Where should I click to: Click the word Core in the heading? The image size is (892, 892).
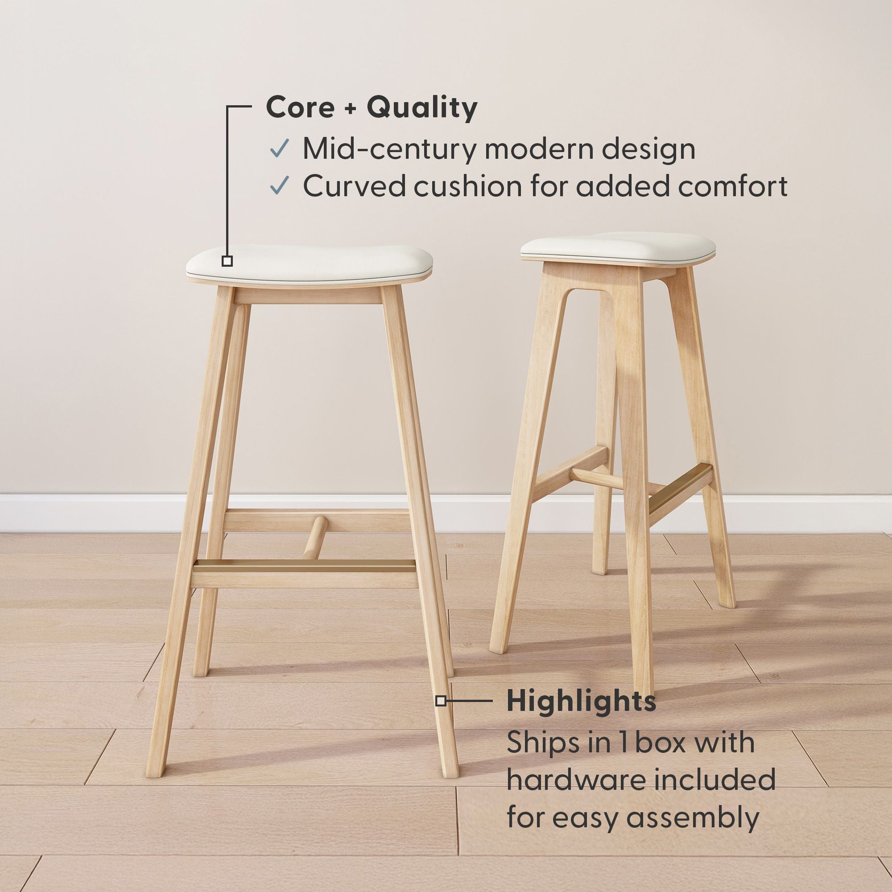point(301,107)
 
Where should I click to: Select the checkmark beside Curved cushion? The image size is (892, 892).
point(279,185)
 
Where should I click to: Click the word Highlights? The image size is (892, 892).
point(581,701)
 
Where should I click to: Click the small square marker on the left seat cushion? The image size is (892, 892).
point(227,261)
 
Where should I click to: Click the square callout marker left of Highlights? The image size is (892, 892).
point(441,701)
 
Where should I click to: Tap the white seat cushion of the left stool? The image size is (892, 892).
point(310,264)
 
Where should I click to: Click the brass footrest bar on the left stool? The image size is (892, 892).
point(305,565)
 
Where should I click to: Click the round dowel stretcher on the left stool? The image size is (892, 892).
point(315,538)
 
